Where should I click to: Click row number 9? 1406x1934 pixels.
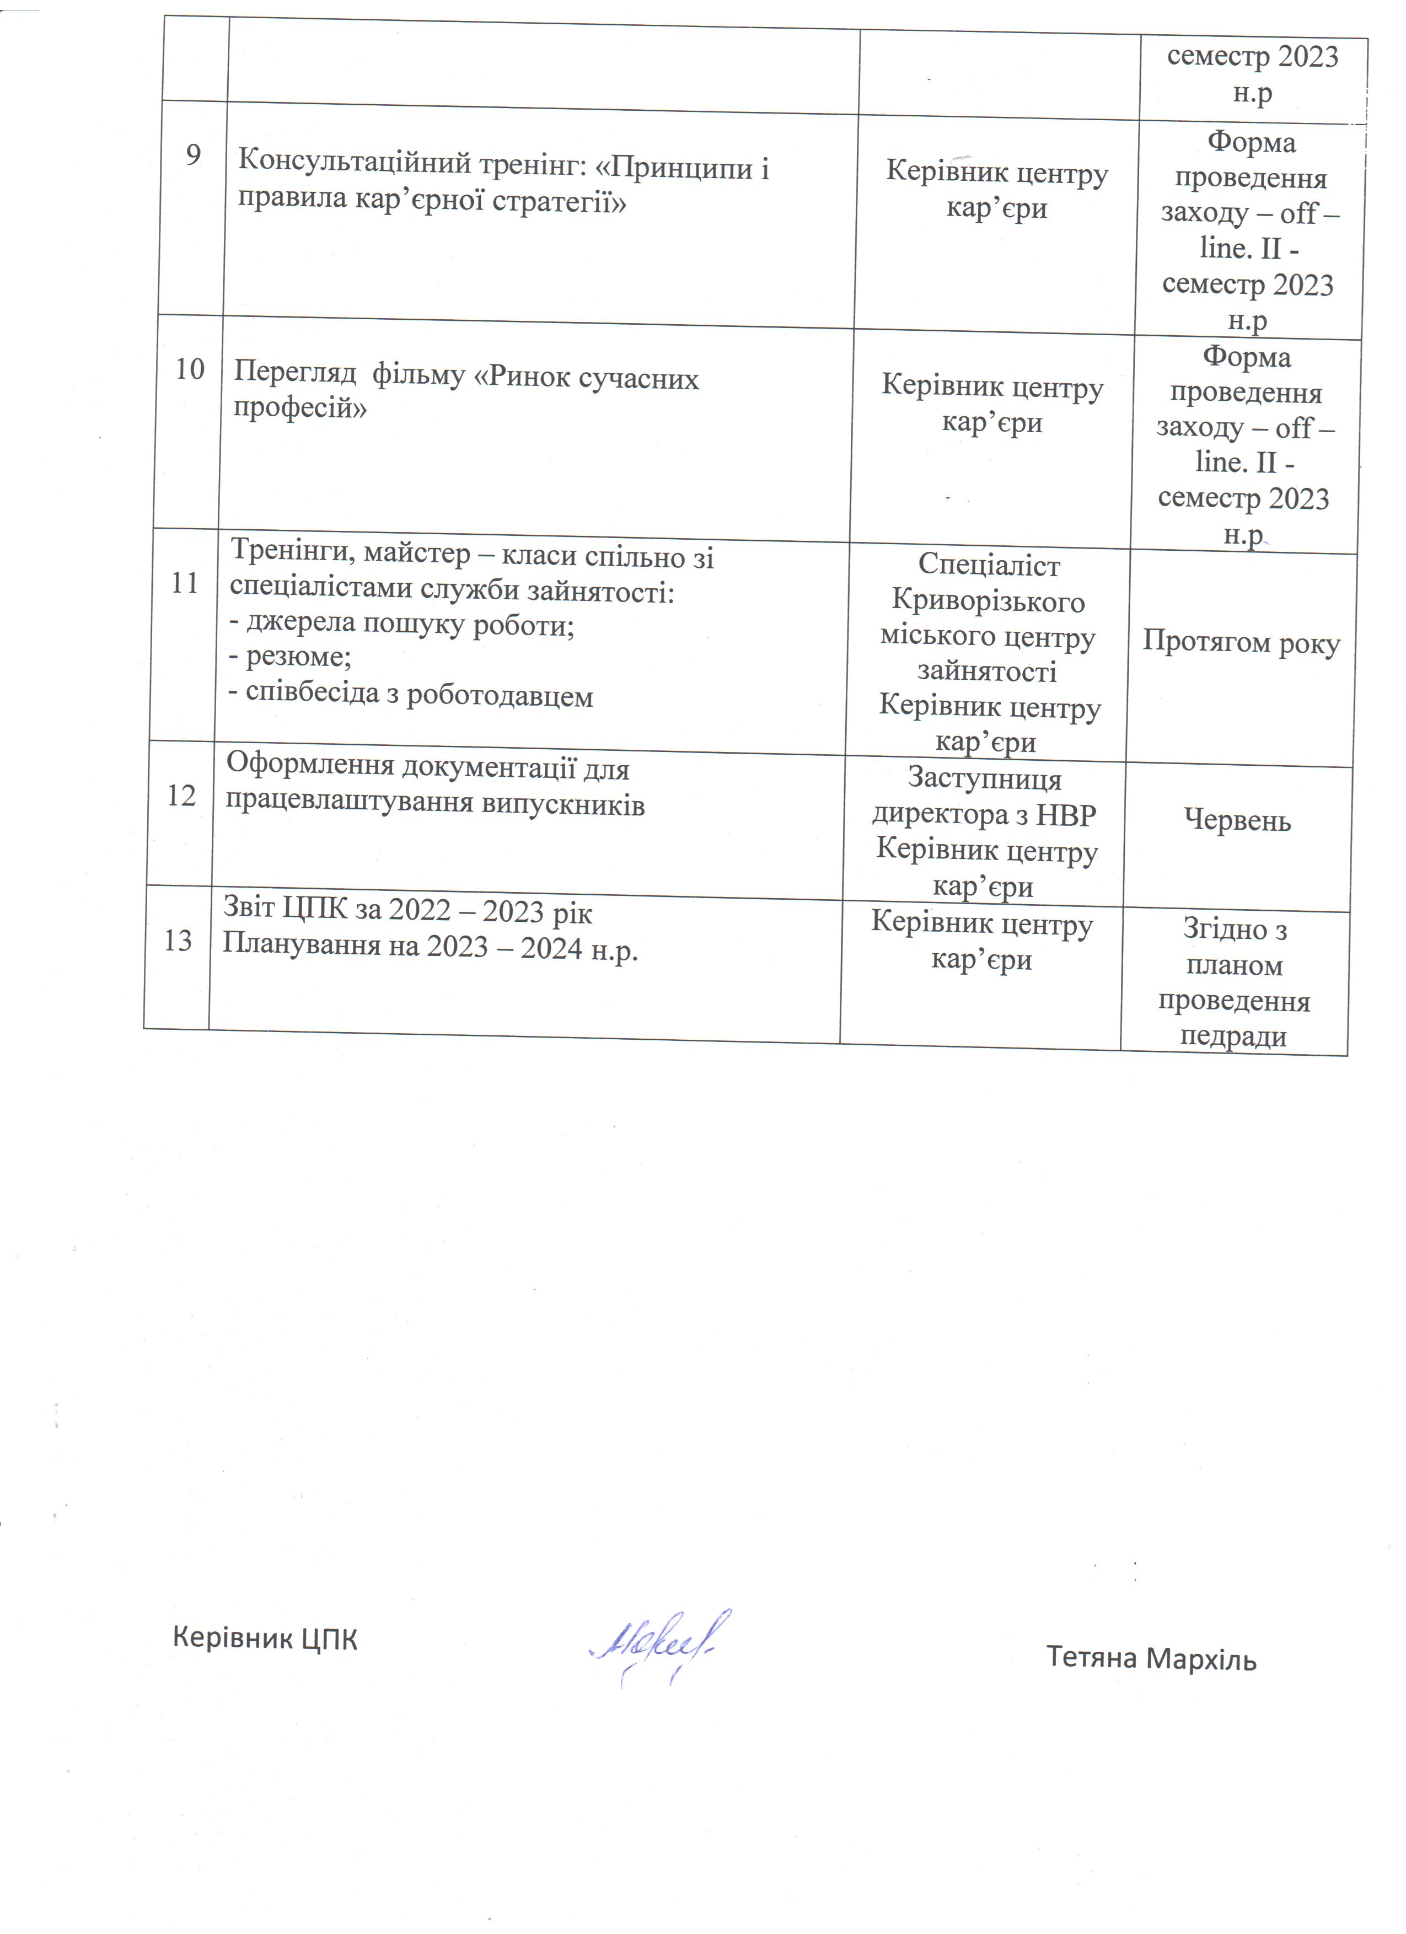194,155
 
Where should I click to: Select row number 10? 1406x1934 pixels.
189,369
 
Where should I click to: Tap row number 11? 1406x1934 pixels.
184,583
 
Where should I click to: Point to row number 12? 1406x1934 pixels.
181,796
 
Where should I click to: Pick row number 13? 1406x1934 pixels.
178,941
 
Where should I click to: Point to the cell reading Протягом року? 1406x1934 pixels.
1241,642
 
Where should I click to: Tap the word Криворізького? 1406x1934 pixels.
988,602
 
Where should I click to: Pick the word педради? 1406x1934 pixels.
1233,1037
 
